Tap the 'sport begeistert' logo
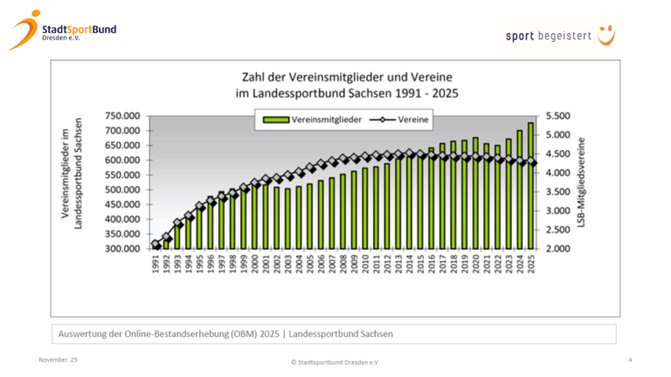point(559,36)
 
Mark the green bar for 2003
point(287,218)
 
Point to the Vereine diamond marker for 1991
point(156,245)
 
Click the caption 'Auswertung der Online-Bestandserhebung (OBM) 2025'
point(226,334)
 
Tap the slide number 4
point(630,360)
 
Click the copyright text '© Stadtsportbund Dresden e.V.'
point(335,361)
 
